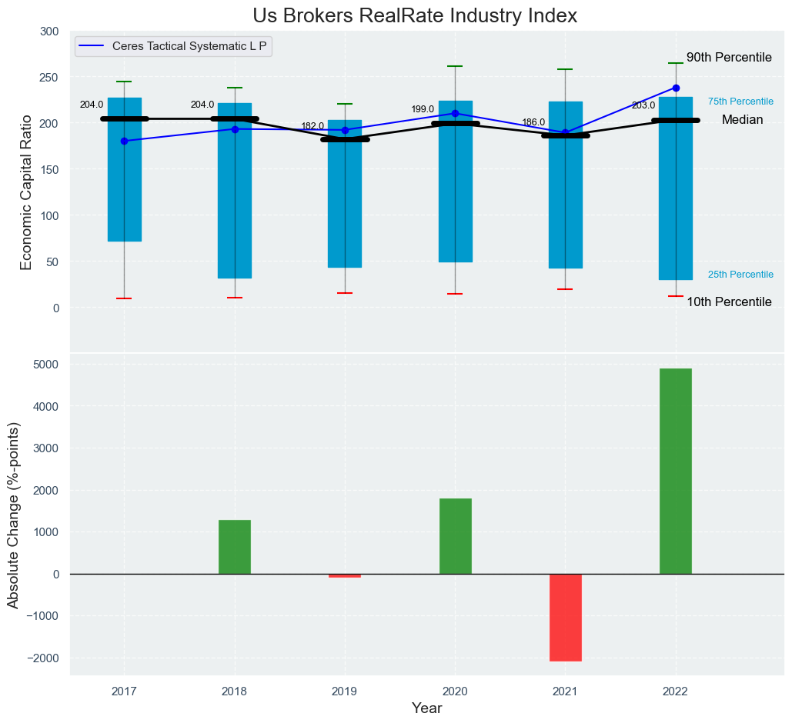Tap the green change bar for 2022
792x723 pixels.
coord(675,471)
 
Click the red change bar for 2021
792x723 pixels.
coord(565,617)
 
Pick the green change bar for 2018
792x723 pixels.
coord(235,547)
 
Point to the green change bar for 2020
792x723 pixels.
coord(455,536)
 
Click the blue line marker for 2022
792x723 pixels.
coord(676,88)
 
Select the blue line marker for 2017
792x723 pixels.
coord(125,141)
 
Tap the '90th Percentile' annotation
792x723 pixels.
coord(729,58)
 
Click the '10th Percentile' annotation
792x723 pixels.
coord(729,302)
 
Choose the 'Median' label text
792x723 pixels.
coord(742,120)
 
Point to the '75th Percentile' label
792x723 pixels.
coord(740,102)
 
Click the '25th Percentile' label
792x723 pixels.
coord(740,275)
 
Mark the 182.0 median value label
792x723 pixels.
coord(312,126)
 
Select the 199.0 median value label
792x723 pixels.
coord(423,109)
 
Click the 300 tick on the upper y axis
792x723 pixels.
coord(49,32)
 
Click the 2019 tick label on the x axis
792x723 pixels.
coord(345,691)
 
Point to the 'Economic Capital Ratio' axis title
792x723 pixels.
coord(26,192)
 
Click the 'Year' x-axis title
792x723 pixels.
coord(426,708)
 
